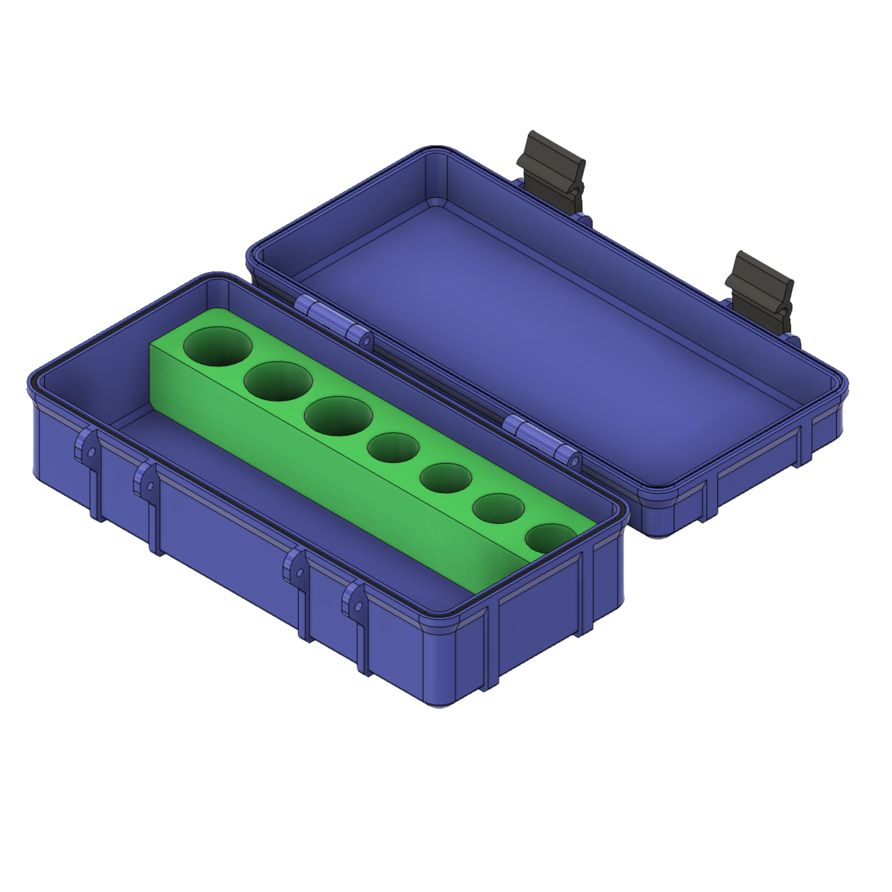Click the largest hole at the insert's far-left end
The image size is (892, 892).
218,346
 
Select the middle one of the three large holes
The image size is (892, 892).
278,381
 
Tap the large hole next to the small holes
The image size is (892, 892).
338,416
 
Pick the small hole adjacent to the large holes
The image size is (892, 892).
393,448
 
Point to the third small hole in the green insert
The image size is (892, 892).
498,509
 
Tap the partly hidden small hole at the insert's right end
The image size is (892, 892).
549,537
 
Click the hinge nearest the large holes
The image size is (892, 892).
333,321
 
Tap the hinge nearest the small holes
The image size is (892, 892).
541,441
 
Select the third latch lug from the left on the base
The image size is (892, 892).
296,569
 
